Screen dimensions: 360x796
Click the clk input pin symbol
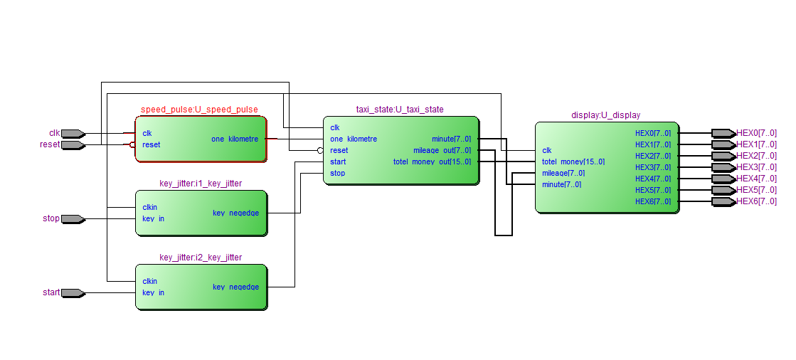73,133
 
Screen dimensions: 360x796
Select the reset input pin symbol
73,144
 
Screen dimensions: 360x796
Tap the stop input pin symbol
73,218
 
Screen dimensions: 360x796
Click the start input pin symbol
73,292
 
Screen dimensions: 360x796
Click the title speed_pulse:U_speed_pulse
199,110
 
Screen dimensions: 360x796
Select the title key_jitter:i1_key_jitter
201,184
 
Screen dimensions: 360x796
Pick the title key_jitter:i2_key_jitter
201,258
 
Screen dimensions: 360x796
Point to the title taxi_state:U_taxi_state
400,110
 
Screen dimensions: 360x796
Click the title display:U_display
605,115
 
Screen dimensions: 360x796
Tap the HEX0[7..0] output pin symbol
723,133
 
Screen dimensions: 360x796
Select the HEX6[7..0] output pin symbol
723,201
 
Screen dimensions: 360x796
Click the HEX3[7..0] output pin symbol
723,167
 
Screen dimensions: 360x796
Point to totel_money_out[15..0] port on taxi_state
432,162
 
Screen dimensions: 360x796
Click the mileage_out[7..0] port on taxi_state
442,151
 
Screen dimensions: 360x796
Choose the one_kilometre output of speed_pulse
235,139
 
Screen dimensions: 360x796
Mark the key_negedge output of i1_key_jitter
235,213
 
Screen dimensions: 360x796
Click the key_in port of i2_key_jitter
153,292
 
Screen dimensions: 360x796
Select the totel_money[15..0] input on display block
573,162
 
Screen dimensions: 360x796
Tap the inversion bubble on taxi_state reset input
320,150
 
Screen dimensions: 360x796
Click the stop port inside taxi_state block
338,173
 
